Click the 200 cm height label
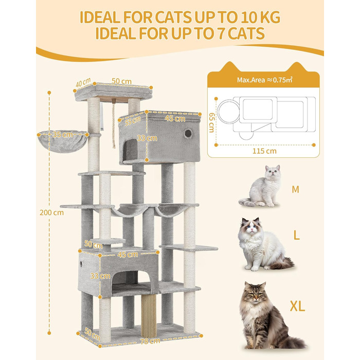tap(51, 212)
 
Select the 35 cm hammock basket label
tap(63, 134)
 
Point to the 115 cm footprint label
tap(264, 151)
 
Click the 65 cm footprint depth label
tap(211, 122)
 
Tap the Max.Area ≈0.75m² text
tap(264, 80)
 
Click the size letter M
tap(296, 190)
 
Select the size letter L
tap(297, 235)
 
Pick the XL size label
tap(297, 306)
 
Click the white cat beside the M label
tap(262, 187)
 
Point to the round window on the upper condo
tap(188, 133)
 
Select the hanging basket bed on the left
tap(62, 141)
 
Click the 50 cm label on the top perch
tap(121, 81)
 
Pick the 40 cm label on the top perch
tap(83, 82)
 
